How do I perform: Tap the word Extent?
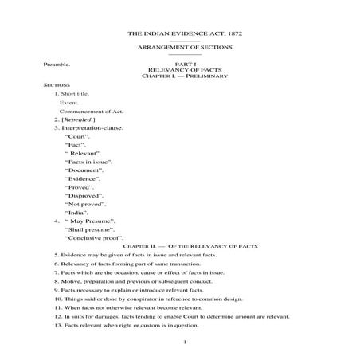click(69, 103)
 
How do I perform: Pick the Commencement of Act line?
click(89, 112)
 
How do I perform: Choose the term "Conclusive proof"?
click(92, 237)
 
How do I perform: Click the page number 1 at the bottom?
click(184, 342)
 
